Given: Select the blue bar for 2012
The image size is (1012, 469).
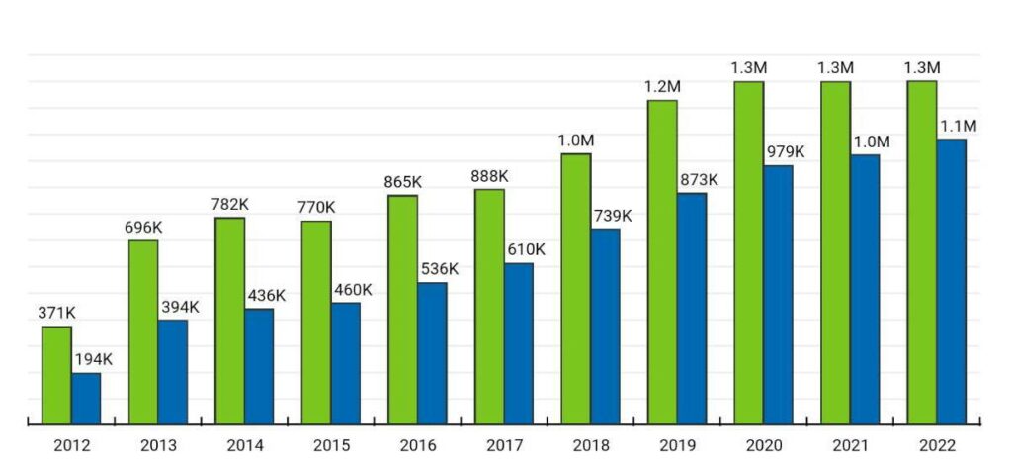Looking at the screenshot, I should [86, 399].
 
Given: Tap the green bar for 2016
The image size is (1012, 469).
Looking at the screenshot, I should [402, 310].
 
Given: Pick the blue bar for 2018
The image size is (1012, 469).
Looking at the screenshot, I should [605, 327].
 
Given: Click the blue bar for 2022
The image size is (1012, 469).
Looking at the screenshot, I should [951, 282].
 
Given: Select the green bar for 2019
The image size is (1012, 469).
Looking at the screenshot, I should [662, 262].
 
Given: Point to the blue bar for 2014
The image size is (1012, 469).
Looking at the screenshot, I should [259, 367].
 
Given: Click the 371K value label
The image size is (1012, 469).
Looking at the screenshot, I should [56, 314].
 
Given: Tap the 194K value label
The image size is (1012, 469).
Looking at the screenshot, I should [93, 360].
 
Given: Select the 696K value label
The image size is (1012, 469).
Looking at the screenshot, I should [143, 228].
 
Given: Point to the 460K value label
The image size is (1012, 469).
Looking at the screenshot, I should [353, 290].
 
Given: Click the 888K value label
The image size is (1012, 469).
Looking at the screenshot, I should [489, 176].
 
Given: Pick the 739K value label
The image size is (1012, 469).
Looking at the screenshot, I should [612, 216].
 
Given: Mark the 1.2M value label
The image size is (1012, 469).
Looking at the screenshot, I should [662, 87].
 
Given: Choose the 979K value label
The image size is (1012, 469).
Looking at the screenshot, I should [785, 152].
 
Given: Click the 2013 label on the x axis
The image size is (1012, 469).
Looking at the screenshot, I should [157, 446].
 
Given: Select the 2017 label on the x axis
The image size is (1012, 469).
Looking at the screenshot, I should [503, 446].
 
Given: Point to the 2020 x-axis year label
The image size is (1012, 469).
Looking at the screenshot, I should [763, 446].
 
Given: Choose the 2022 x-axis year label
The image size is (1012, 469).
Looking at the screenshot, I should [936, 446].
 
